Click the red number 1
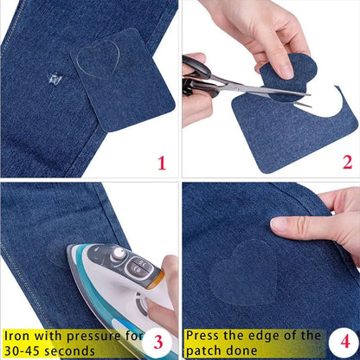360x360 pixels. click(162, 161)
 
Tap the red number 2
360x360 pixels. click(347, 161)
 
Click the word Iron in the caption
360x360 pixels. click(18, 334)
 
